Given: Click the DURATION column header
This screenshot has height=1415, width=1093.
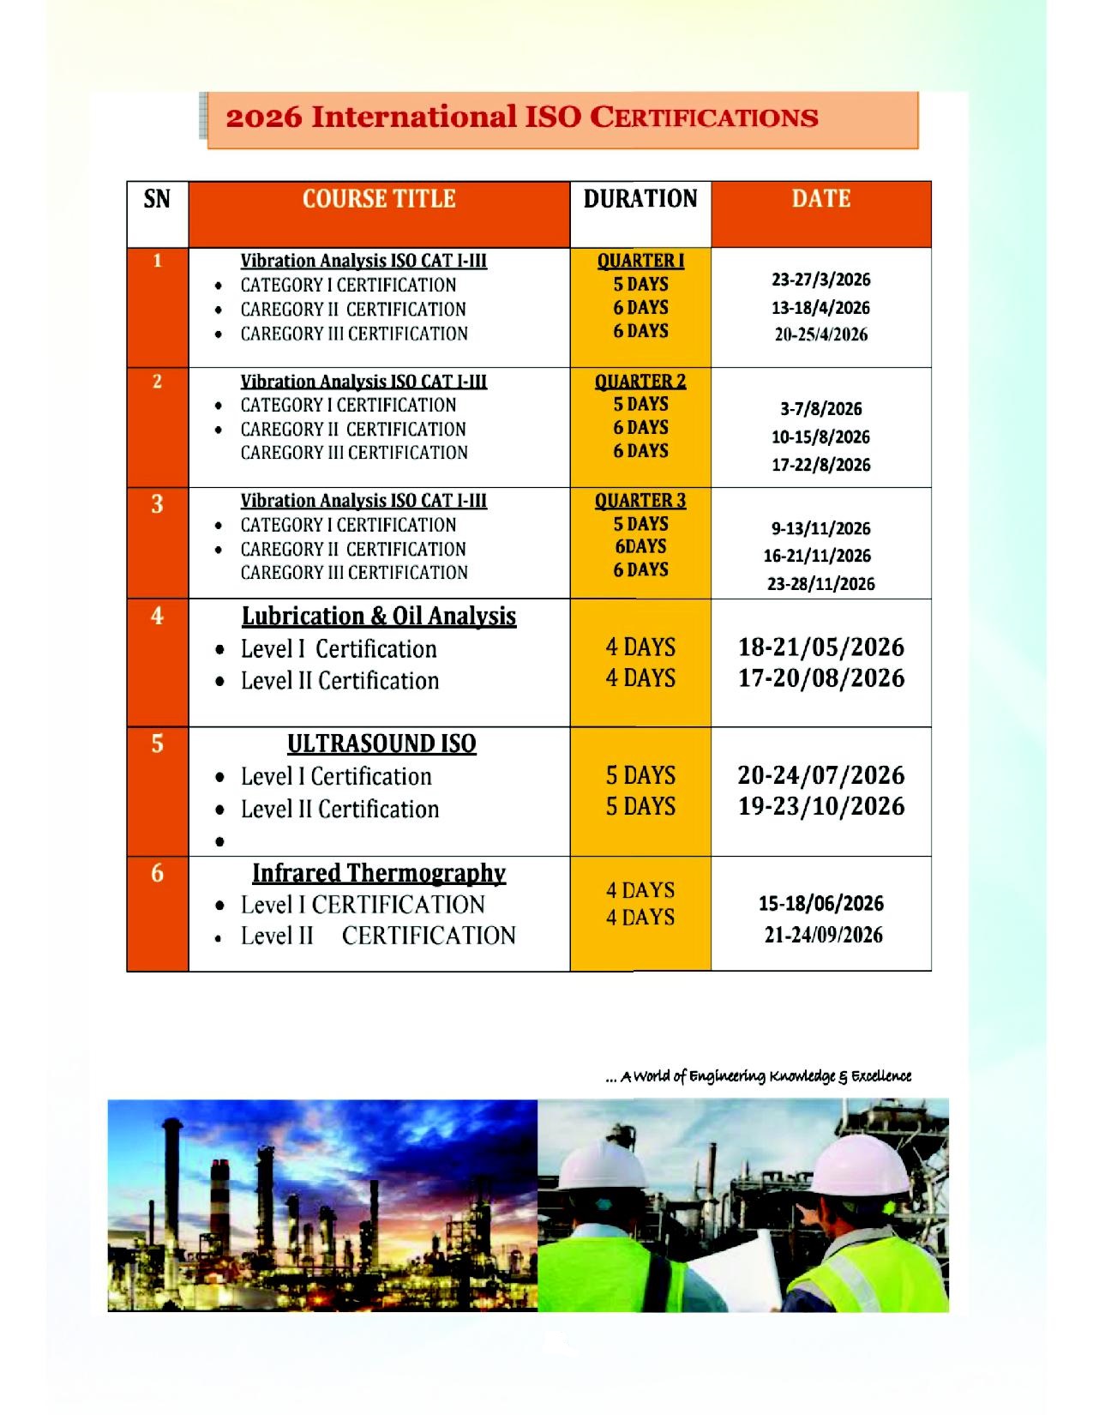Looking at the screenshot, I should pos(640,200).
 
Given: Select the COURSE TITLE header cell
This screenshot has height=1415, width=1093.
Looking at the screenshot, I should pos(378,200).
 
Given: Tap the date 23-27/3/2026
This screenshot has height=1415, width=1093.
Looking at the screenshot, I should pos(820,280).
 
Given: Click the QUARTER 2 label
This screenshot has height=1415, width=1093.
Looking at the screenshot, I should pos(640,382).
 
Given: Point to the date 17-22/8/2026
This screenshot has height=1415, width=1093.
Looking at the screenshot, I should pos(820,465).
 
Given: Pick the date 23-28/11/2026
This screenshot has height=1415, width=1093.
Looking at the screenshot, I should pos(820,584).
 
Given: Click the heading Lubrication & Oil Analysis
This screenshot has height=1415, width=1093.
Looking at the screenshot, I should pos(378,617).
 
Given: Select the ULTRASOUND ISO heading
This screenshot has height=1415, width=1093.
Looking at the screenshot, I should pos(381,744).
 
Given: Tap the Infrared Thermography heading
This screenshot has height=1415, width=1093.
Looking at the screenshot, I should pos(378,873).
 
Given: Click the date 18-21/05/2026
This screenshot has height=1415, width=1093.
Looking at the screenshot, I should pos(820,647).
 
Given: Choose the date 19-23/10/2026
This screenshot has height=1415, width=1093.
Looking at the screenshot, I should pos(820,807).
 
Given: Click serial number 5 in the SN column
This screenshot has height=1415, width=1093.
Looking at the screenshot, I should pos(157,744).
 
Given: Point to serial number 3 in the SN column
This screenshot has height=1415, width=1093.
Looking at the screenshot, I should pos(157,504).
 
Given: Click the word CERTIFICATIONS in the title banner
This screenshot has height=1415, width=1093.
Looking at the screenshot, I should pos(705,117).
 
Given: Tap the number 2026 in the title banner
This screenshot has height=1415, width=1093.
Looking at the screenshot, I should pos(264,117).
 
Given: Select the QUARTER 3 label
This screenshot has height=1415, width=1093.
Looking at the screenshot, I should pos(640,501).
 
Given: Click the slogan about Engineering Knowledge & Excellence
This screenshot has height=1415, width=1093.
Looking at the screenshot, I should pos(758,1076).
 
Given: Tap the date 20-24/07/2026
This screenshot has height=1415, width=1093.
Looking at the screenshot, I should pos(820,775).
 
